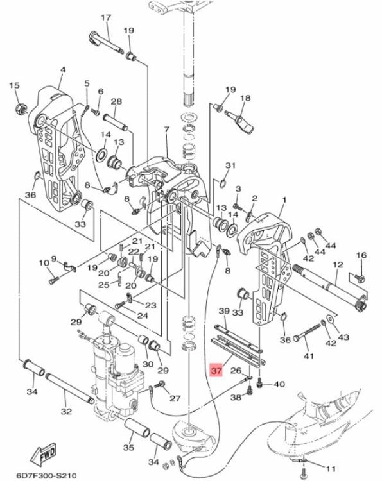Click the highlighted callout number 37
[x=216, y=370]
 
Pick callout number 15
[x=15, y=85]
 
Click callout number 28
[x=116, y=102]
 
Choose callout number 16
[x=361, y=255]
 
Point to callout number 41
[x=308, y=355]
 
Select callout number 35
[x=129, y=448]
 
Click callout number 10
[x=44, y=262]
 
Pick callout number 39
[x=224, y=311]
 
